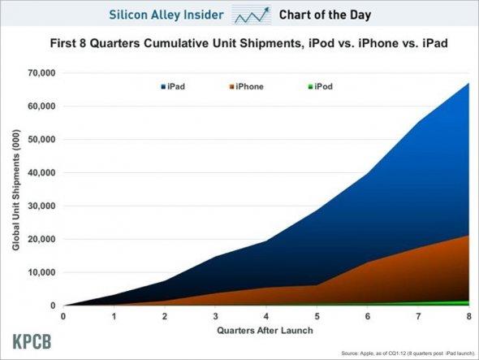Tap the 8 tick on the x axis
tap(469, 317)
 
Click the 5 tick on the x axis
tap(317, 317)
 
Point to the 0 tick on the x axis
tap(63, 317)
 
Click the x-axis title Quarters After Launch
tap(265, 330)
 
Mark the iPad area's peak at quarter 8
tap(468, 83)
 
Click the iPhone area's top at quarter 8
tap(468, 236)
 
